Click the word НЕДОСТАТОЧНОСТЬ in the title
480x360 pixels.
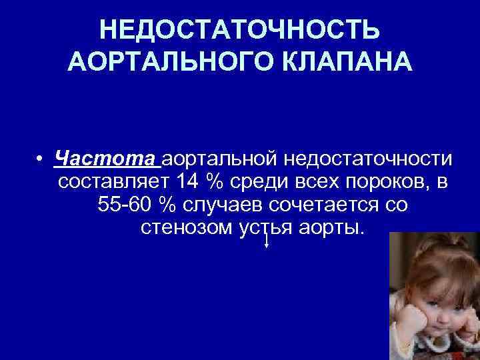click(240, 30)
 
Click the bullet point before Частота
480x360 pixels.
click(41, 160)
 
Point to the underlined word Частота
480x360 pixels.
click(107, 159)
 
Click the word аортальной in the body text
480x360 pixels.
click(220, 159)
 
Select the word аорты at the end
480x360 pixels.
click(330, 227)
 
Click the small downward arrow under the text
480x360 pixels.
click(267, 243)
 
